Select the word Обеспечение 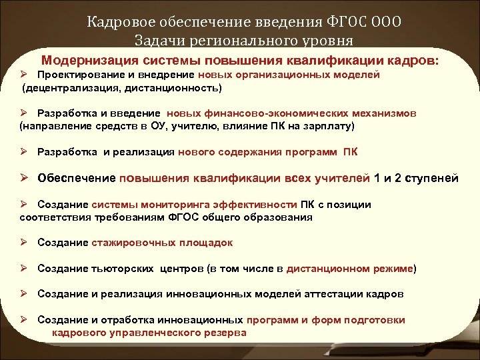point(76,178)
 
